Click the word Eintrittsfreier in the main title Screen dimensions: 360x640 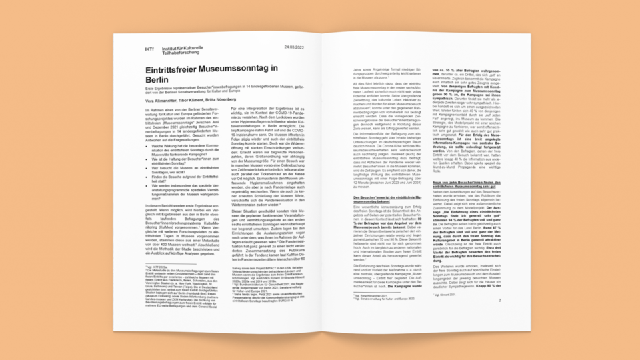coord(174,69)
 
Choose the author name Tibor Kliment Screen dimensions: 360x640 coord(194,99)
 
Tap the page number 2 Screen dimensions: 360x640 coord(517,300)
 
